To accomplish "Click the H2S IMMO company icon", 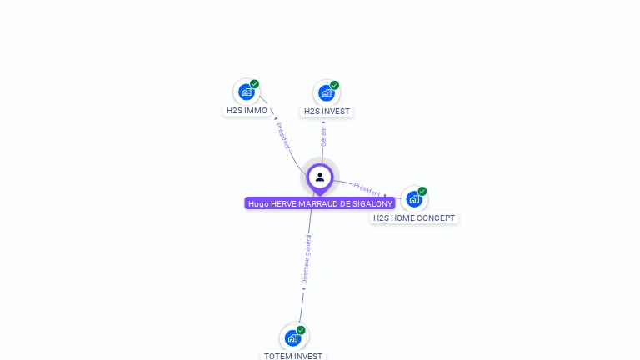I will [246, 92].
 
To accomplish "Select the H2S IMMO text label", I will [247, 110].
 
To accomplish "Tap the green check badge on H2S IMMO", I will [255, 84].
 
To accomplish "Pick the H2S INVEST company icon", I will [326, 92].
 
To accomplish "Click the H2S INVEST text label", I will [327, 111].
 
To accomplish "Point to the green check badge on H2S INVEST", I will [335, 85].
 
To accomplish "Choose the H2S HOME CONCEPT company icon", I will [413, 199].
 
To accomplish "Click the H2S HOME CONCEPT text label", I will [414, 217].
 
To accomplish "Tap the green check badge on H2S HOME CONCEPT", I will [422, 192].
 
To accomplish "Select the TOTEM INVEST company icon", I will [292, 337].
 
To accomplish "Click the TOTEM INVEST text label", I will [293, 356].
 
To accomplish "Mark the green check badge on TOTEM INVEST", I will [302, 330].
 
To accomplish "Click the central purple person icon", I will [320, 177].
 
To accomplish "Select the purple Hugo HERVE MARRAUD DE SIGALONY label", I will [320, 203].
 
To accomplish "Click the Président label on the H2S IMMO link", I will [283, 135].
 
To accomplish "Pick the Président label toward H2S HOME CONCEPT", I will [367, 189].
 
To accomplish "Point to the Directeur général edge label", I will [306, 259].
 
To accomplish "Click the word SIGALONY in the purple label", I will [371, 203].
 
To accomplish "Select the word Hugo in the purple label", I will [258, 203].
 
